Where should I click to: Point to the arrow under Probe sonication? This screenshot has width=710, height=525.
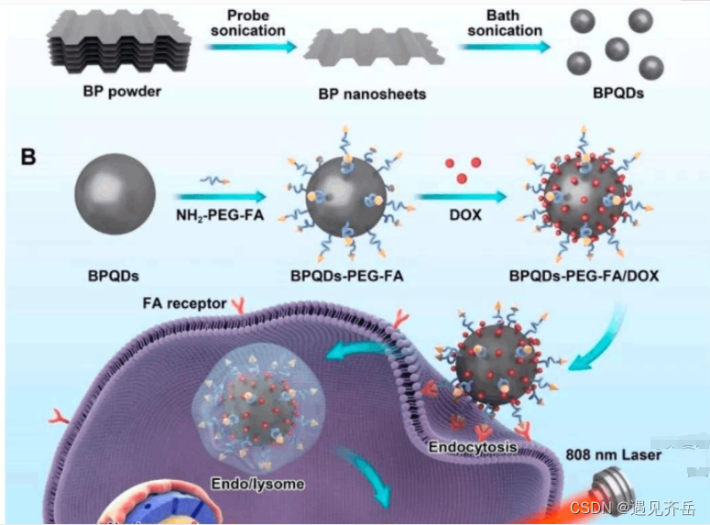pos(251,47)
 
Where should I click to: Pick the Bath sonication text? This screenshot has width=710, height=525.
pos(505,23)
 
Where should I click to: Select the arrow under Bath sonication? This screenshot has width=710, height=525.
pos(504,47)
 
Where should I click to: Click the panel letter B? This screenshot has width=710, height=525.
pos(28,157)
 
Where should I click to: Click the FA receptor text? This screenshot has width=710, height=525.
pos(182,302)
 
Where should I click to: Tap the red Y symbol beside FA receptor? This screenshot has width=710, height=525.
pos(239,305)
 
